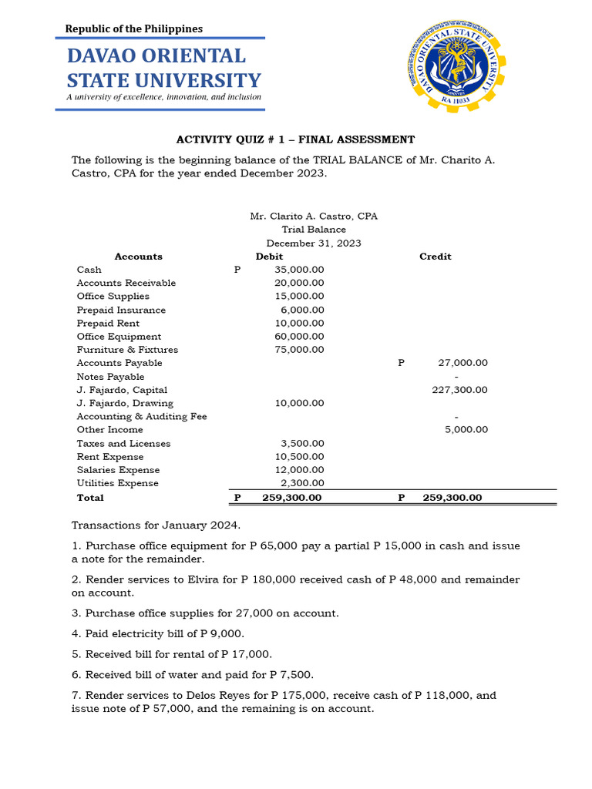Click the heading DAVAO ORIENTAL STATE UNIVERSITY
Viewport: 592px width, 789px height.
tap(163, 68)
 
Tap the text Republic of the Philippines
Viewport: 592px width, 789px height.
tap(133, 29)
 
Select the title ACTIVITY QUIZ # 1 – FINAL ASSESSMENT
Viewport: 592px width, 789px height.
tap(295, 139)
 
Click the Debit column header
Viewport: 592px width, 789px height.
tap(269, 257)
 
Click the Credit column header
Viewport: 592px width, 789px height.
tap(435, 257)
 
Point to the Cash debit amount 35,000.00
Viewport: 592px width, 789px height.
tap(299, 270)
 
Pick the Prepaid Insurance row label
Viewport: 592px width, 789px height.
tap(121, 310)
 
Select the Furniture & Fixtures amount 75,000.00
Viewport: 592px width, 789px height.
tap(299, 350)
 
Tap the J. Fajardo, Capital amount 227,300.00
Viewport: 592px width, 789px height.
tap(459, 390)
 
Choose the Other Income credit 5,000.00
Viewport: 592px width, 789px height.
tap(466, 430)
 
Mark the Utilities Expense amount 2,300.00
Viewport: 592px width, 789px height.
tap(302, 483)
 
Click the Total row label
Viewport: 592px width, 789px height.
tap(90, 498)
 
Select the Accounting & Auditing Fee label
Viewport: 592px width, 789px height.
tap(142, 417)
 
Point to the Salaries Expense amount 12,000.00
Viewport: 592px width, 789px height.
tap(299, 470)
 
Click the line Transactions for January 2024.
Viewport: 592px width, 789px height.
tap(156, 525)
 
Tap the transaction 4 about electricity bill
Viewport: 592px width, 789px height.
tap(157, 633)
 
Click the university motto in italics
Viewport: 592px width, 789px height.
tap(163, 97)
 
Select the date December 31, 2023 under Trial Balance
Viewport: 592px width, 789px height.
tap(314, 243)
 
